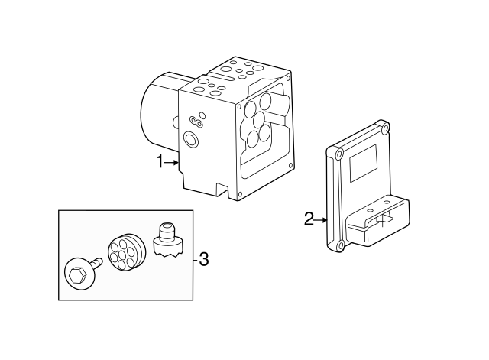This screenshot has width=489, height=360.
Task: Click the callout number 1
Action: point(160,161)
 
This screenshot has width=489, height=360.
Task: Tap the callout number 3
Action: point(203,259)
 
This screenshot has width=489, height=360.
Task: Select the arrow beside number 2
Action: point(321,220)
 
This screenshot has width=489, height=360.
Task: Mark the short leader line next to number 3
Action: point(194,259)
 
